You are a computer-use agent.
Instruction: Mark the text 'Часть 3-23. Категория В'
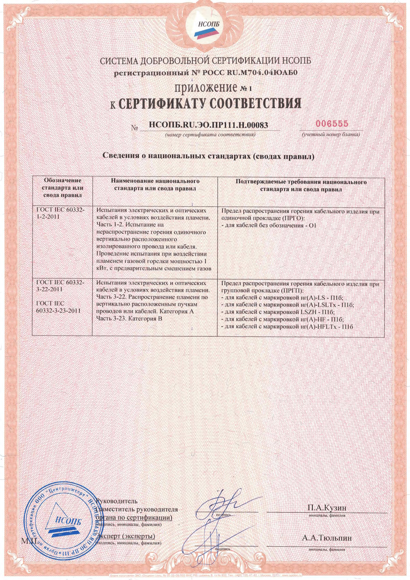tap(129, 319)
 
